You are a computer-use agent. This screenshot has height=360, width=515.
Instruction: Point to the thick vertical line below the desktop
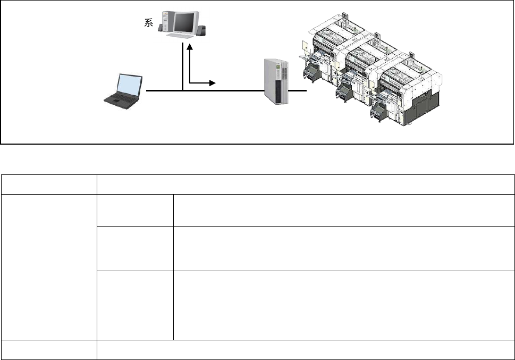pyautogui.click(x=182, y=66)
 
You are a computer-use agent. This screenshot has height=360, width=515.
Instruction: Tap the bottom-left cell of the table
pyautogui.click(x=48, y=349)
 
